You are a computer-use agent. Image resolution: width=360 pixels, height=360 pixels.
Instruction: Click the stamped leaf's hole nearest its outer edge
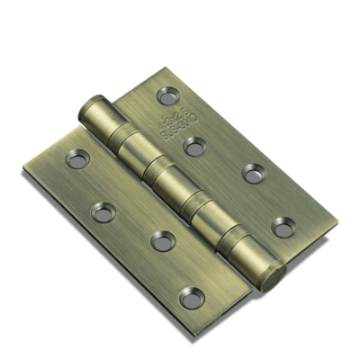click(x=255, y=173)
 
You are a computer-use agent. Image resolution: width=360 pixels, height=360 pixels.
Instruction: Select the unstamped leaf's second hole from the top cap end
click(x=104, y=212)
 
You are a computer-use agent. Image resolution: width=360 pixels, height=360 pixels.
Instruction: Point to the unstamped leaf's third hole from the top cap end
click(x=162, y=240)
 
